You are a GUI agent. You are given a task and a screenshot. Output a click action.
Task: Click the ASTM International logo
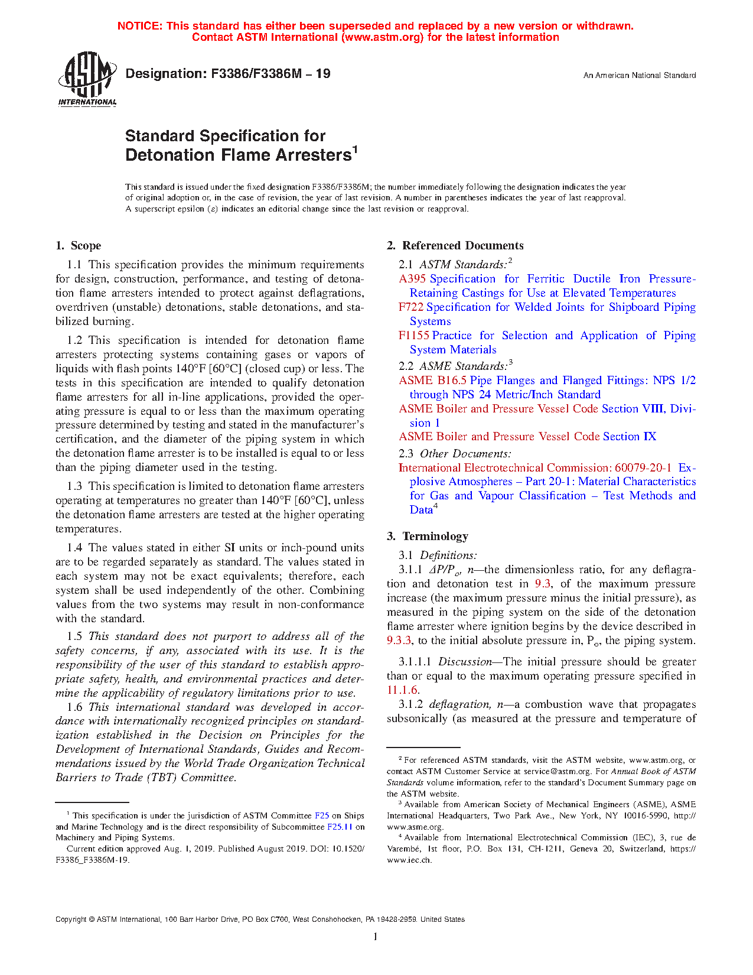pos(87,79)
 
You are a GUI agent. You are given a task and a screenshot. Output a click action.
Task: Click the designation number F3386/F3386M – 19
pos(228,74)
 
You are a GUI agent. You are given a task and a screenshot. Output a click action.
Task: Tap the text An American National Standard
pos(639,76)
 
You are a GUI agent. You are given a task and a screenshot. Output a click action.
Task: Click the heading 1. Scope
pos(78,246)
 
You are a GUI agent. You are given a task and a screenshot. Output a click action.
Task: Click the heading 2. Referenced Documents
pos(455,246)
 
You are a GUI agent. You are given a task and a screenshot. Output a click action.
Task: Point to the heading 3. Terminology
pos(427,537)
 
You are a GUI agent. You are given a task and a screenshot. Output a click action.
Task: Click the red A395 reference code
pos(412,279)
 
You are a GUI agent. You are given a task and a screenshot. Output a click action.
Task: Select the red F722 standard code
pos(411,307)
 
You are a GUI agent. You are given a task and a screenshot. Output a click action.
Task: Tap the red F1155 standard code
pos(414,336)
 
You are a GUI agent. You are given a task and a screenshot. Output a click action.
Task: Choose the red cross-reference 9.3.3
pos(399,641)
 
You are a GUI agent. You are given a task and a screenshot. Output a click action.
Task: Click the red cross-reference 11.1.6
pos(403,690)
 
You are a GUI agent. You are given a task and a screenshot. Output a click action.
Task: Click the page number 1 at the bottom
pos(376,937)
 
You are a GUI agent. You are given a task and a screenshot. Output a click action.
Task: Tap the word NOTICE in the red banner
pos(139,26)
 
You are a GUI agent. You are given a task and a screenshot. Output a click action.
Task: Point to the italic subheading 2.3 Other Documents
pos(455,454)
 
